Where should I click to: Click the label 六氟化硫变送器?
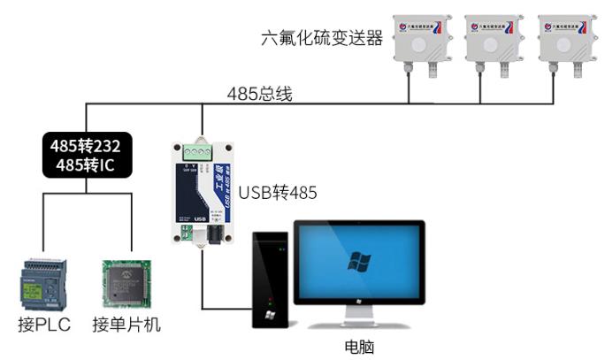[x=322, y=38]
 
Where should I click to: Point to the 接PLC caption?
[x=43, y=325]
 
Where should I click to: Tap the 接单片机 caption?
[x=126, y=325]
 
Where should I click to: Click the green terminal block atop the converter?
[x=202, y=150]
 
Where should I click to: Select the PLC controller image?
[x=42, y=282]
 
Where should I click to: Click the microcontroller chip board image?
[x=123, y=283]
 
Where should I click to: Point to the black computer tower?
[x=271, y=279]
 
